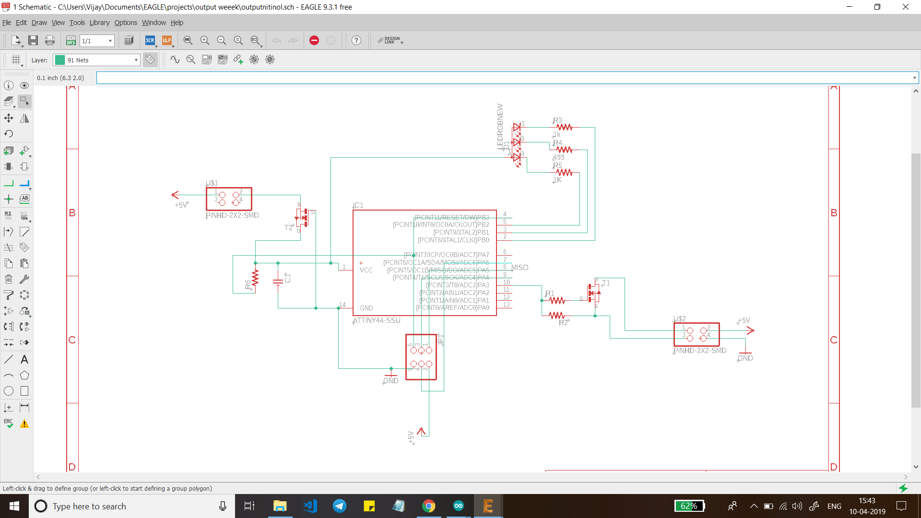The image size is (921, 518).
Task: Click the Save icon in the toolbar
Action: (33, 40)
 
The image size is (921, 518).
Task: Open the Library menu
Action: (99, 23)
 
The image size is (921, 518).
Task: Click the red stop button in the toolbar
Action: (314, 40)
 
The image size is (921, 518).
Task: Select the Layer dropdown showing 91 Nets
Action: (96, 60)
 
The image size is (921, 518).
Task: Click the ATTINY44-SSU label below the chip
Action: (377, 320)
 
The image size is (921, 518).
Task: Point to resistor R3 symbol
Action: (565, 127)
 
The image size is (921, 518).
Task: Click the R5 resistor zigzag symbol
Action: (565, 172)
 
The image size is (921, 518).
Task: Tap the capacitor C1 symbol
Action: (278, 282)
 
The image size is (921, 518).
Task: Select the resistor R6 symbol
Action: (255, 278)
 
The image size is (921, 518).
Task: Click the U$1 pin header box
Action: (229, 199)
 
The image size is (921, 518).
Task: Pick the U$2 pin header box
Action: (697, 334)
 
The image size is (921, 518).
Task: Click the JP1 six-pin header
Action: (421, 357)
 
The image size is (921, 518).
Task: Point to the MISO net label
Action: (520, 268)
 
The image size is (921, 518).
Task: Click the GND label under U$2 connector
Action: (745, 358)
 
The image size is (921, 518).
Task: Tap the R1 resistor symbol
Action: (557, 300)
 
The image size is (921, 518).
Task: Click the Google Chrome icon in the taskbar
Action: (428, 506)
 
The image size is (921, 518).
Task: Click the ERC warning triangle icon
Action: (24, 424)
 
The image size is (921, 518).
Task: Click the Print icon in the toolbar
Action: (50, 40)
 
